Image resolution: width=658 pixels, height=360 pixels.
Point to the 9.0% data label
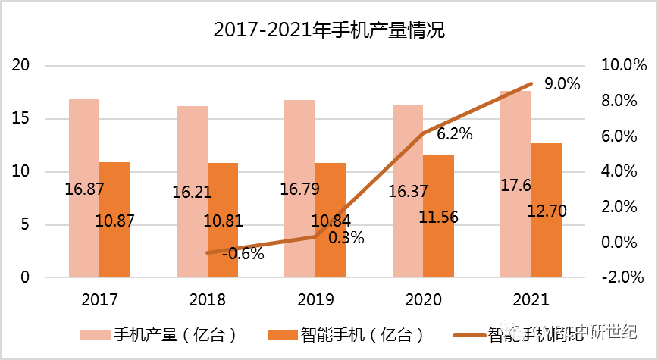[562, 84]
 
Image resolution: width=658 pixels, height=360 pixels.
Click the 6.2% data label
[455, 134]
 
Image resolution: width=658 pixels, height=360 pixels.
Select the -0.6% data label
[243, 254]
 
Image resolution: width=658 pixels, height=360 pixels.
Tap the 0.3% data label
[346, 237]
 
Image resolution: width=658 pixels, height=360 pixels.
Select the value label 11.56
[438, 217]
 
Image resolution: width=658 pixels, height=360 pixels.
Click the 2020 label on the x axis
[423, 299]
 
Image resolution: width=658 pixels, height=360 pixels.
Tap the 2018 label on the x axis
[206, 299]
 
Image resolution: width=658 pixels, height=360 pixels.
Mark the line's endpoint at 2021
[531, 83]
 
